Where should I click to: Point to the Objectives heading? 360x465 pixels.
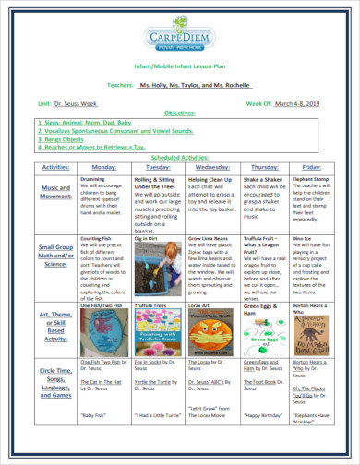pyautogui.click(x=180, y=113)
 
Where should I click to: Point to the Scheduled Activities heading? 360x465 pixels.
pyautogui.click(x=180, y=157)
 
